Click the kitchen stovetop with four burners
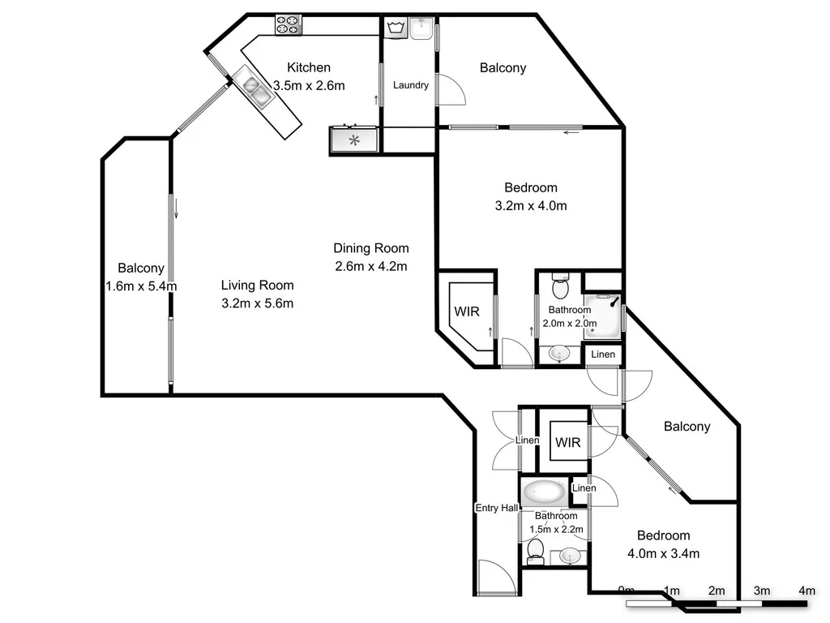coord(288,24)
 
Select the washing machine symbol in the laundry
coord(396,28)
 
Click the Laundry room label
coord(411,85)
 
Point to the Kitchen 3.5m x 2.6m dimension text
coord(309,85)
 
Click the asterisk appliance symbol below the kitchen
coord(354,140)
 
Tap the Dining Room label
coord(371,248)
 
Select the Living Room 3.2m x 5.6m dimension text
coord(257,303)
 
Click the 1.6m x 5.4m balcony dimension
coord(141,286)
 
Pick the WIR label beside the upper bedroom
coord(466,311)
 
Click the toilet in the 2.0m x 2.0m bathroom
coord(560,286)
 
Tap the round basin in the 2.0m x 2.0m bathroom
coord(558,353)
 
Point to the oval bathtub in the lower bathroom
coord(544,492)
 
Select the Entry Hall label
coord(496,508)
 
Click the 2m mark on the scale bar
coord(716,591)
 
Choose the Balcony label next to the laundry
coord(503,68)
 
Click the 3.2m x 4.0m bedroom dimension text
coord(530,206)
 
